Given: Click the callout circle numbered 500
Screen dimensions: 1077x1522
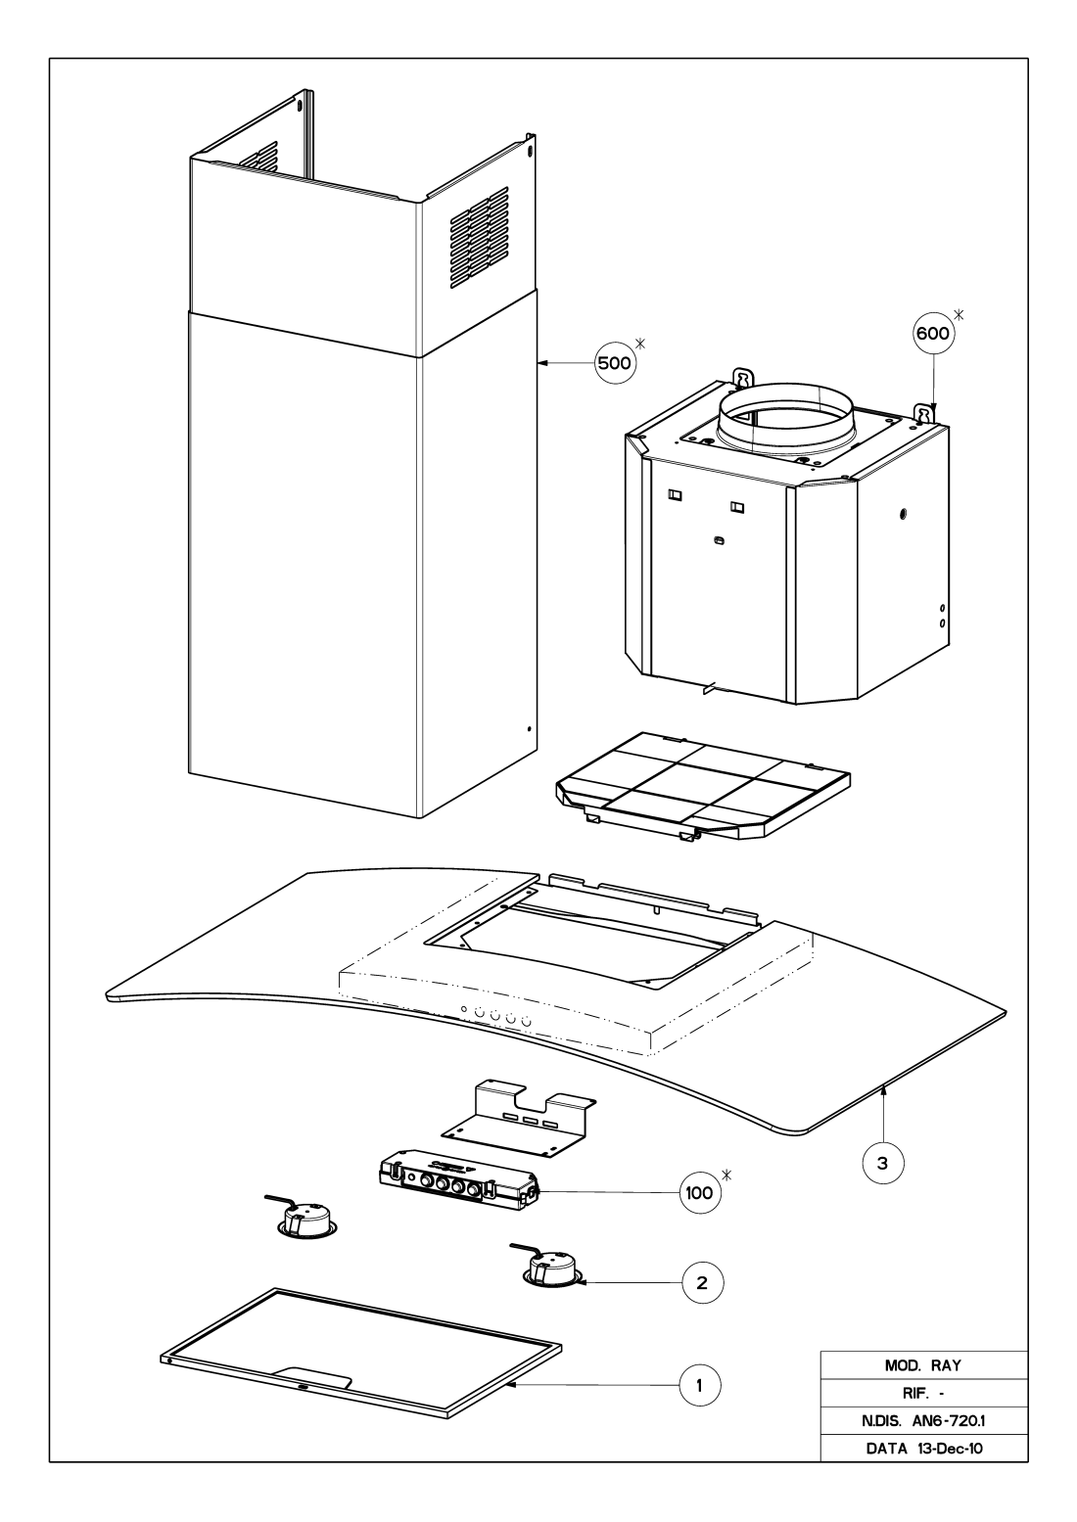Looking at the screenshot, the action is (x=614, y=363).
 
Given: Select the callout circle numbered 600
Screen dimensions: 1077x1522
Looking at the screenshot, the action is (x=933, y=333).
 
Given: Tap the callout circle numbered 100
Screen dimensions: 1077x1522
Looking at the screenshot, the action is (x=700, y=1193).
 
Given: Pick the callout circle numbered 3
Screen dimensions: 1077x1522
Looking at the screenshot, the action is (x=883, y=1163).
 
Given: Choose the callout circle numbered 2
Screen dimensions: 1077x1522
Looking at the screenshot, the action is (x=703, y=1282).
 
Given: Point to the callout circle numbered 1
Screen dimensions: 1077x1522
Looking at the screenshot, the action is (x=700, y=1385).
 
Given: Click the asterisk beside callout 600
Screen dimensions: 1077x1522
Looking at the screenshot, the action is (x=959, y=314).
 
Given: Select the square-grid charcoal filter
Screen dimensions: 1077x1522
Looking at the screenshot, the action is (x=703, y=785).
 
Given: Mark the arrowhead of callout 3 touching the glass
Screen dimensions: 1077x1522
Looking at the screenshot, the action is (x=883, y=1090).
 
